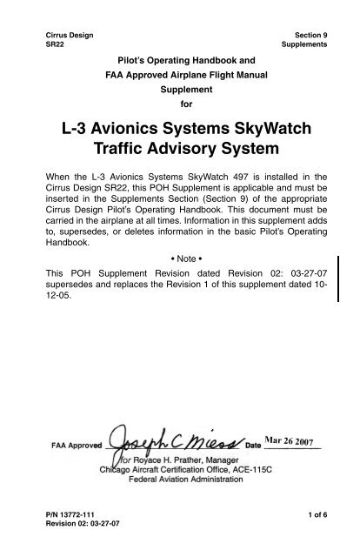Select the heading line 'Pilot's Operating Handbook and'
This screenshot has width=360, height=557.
[180, 61]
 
